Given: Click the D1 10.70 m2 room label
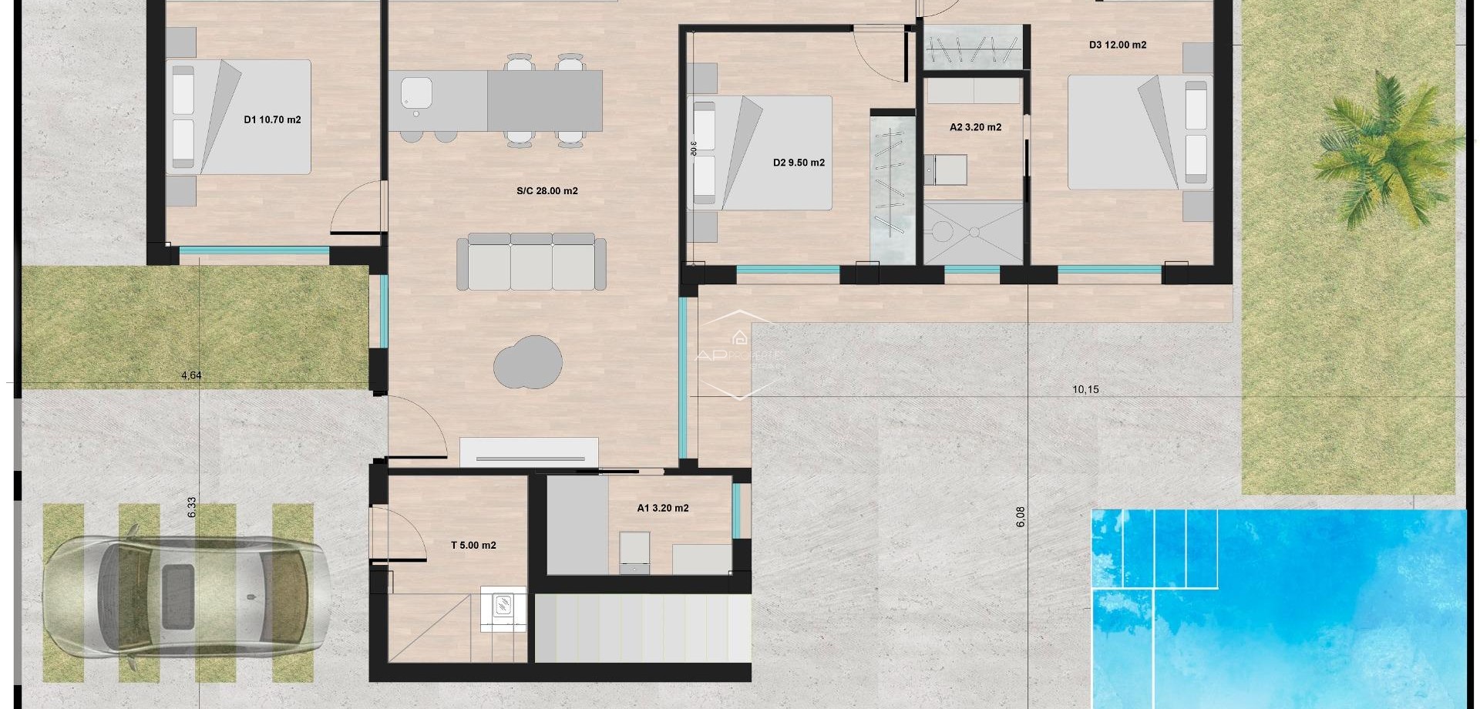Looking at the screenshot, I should [x=272, y=119].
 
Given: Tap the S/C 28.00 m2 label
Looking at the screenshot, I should [x=547, y=190].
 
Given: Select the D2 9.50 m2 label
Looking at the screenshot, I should [x=799, y=163].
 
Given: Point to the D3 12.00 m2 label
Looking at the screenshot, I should [x=1117, y=45].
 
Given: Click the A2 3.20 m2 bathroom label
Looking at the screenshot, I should [x=975, y=127].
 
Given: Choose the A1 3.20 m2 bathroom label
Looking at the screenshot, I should [x=662, y=508].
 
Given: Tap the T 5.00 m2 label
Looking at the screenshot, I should [x=473, y=545].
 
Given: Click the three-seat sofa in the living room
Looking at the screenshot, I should [x=531, y=263].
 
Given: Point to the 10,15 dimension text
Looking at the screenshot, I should [x=1085, y=389].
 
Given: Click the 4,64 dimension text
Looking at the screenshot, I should [x=191, y=375].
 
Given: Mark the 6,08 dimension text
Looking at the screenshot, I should [x=1021, y=516].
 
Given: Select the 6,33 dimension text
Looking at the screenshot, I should [x=192, y=506].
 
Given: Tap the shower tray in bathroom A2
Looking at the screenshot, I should [x=974, y=232].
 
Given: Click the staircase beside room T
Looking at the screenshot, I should [x=642, y=628].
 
